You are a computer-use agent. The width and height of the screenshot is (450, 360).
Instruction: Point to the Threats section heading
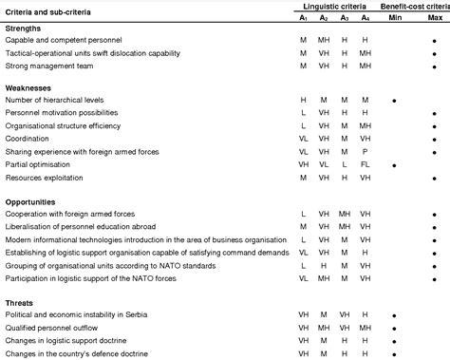pos(20,302)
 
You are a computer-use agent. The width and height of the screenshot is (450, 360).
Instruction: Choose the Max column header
pos(434,17)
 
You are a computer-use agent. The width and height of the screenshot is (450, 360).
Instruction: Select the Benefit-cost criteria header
pos(413,6)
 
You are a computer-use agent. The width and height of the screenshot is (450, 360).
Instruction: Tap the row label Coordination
pos(28,138)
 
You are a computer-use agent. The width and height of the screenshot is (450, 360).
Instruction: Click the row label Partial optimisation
pos(37,163)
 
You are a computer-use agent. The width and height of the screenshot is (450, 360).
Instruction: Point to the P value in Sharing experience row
pos(366,151)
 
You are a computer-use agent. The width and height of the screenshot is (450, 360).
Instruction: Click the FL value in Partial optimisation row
pos(366,163)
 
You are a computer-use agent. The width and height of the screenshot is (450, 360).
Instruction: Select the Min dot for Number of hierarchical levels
pos(393,100)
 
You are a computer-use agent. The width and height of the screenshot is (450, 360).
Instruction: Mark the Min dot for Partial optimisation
pos(393,164)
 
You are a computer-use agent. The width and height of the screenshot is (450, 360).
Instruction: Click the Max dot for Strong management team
pos(434,67)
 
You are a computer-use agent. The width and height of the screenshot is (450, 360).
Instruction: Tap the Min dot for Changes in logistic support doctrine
pos(393,340)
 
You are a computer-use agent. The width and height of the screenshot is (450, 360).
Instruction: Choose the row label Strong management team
pos(44,66)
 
